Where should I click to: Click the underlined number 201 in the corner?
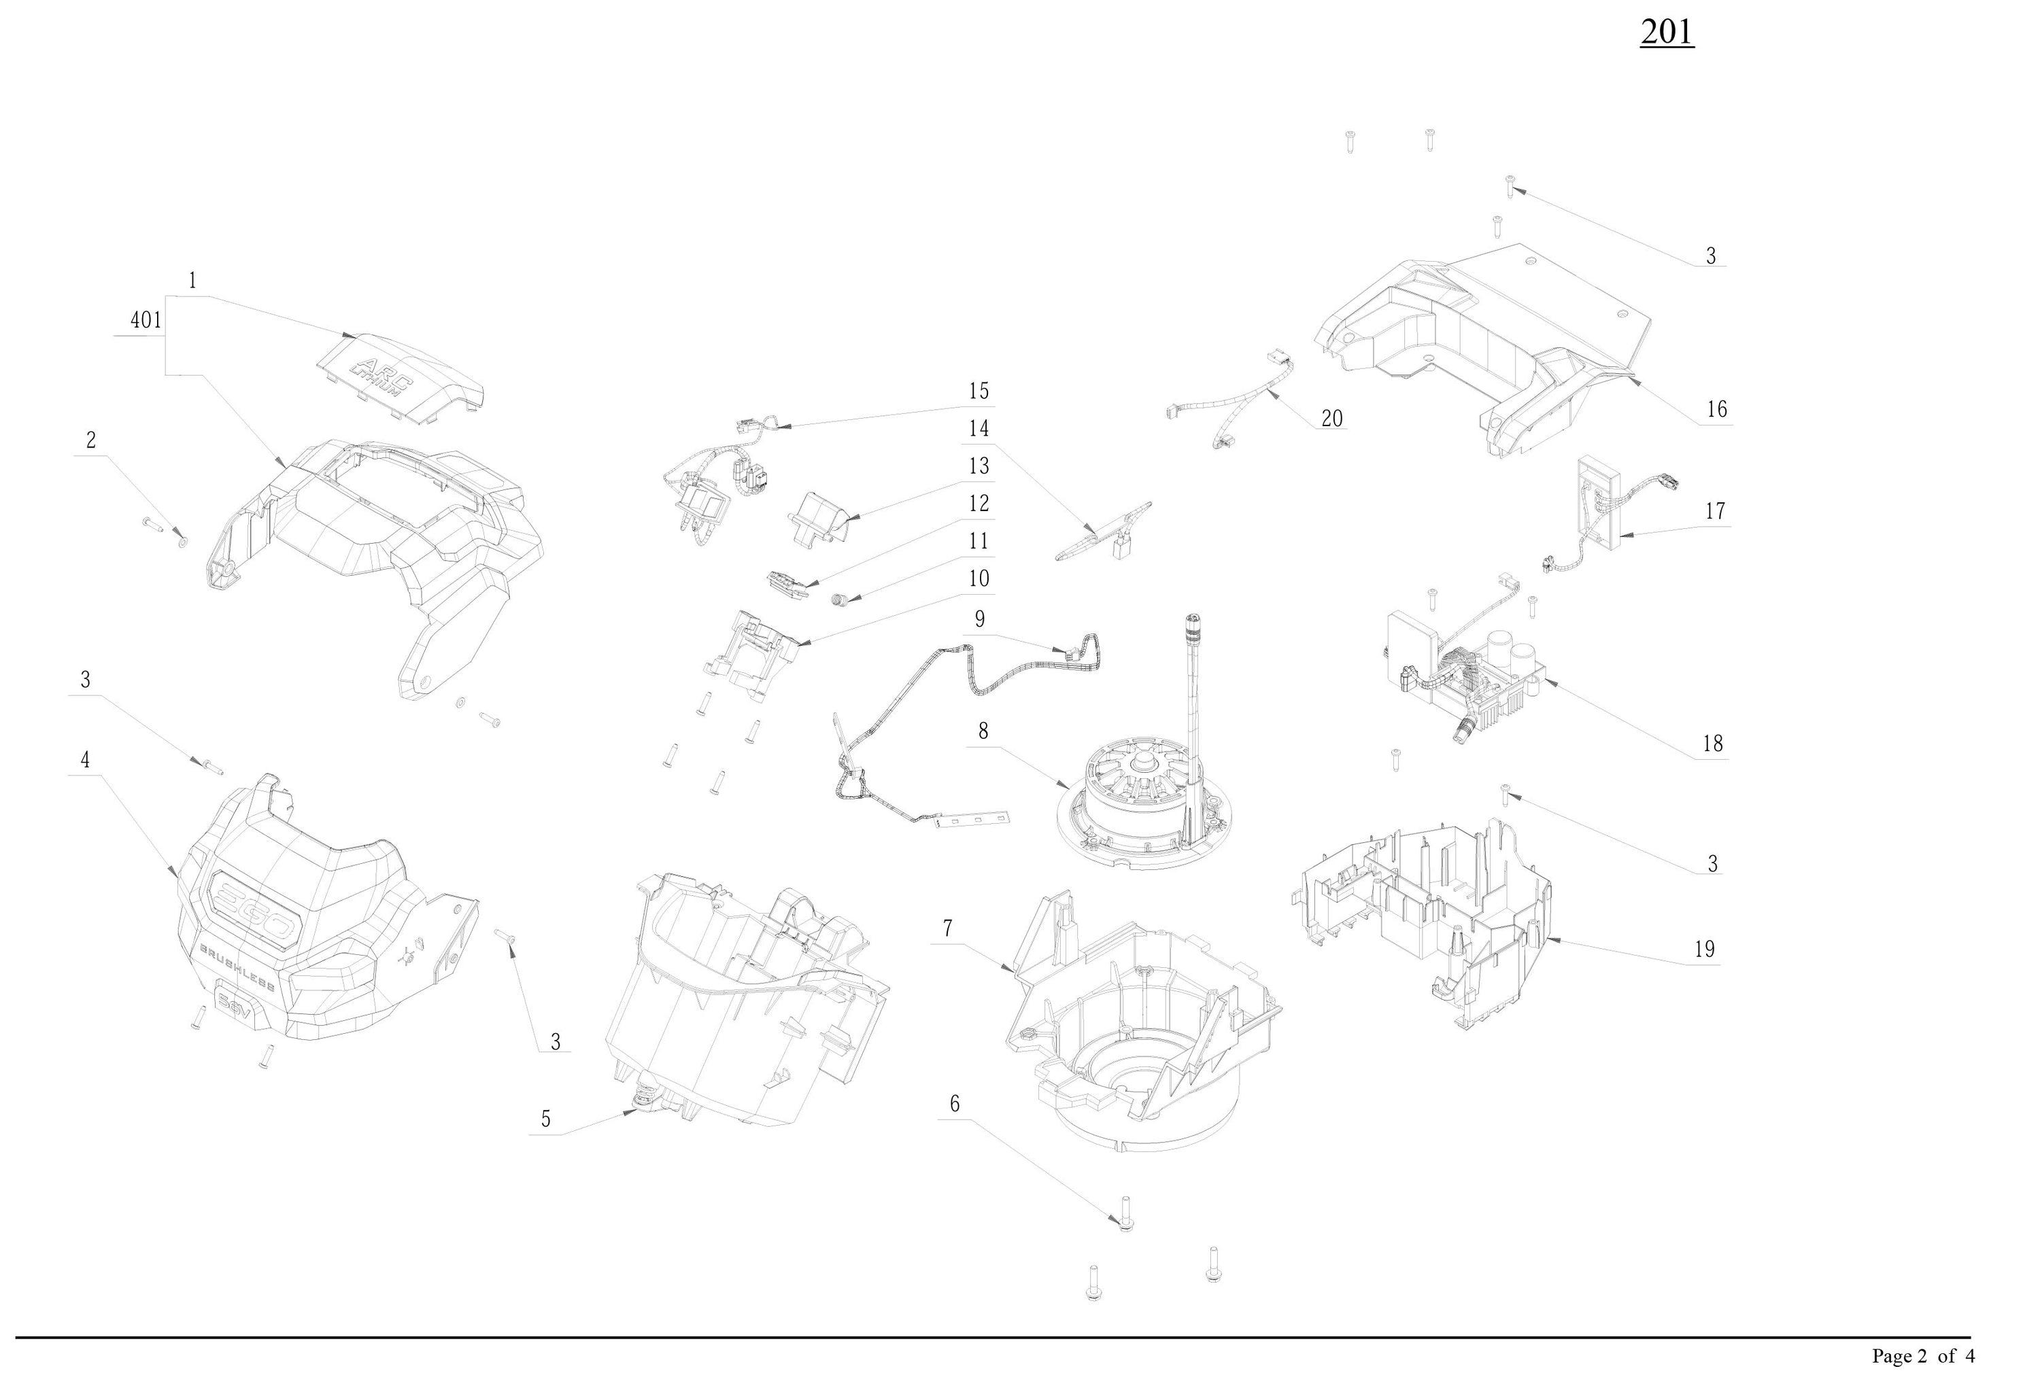tap(1666, 33)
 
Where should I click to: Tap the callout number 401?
tap(146, 321)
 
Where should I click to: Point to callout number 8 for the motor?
tap(983, 731)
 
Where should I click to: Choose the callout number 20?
tap(1331, 419)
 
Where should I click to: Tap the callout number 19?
tap(1703, 949)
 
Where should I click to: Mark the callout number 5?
tap(545, 1119)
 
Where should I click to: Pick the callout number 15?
tap(979, 391)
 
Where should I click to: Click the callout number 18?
tap(1712, 744)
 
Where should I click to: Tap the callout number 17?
tap(1715, 510)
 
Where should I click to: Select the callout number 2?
tap(90, 440)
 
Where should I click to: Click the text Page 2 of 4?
tap(1922, 1355)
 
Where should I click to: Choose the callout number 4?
tap(85, 760)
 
